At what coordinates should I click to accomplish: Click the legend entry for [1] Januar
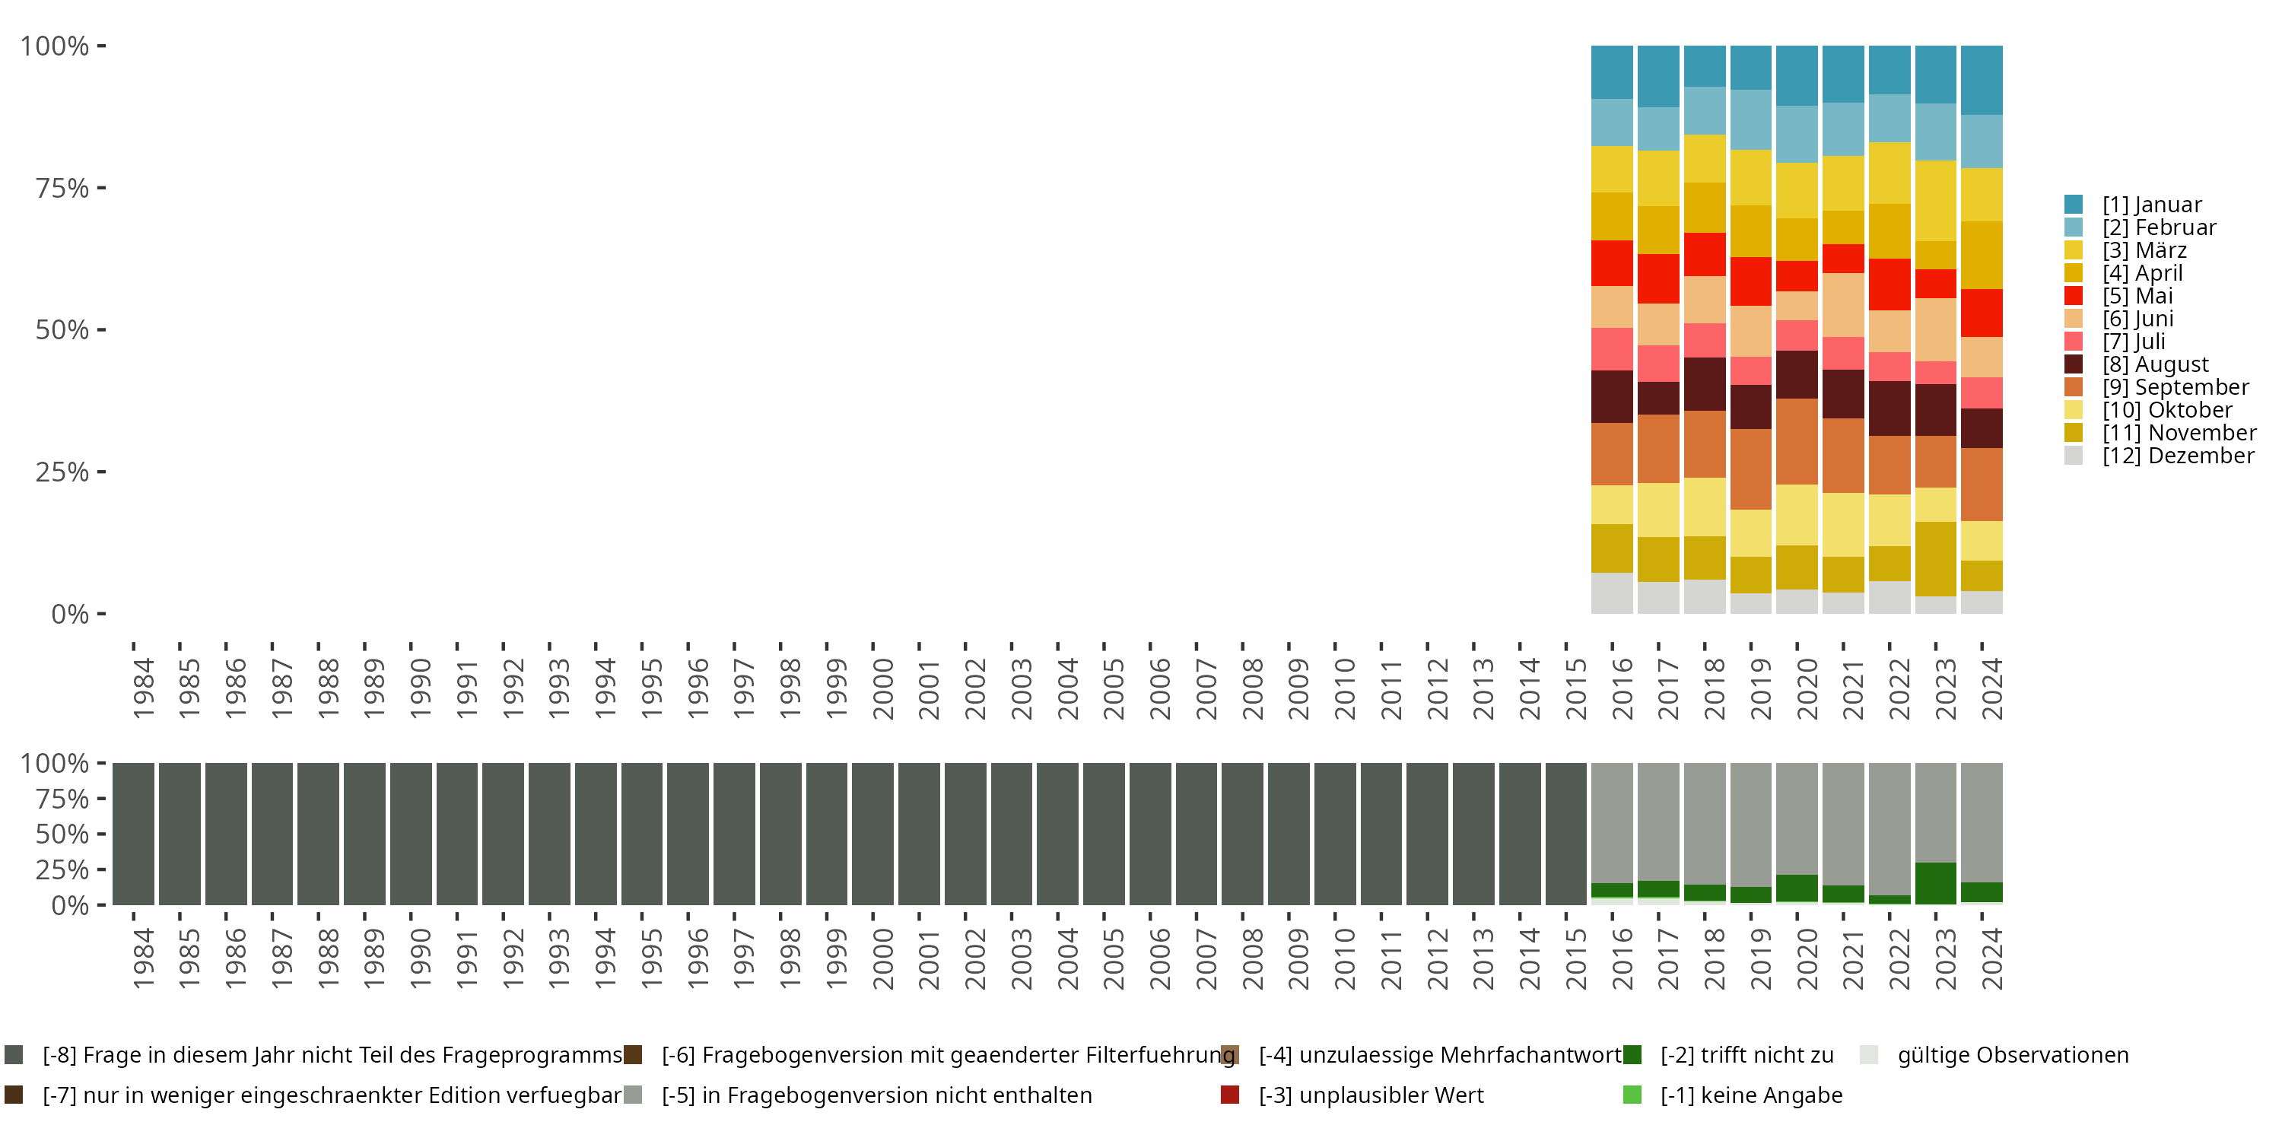pyautogui.click(x=2151, y=205)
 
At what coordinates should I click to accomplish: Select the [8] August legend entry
pyautogui.click(x=2154, y=364)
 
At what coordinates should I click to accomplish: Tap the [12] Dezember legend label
pyautogui.click(x=2178, y=456)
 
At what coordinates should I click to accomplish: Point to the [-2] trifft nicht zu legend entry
pyautogui.click(x=1745, y=1055)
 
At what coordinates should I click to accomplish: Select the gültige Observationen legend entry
pyautogui.click(x=2012, y=1055)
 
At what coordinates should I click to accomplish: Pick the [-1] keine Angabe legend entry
pyautogui.click(x=1750, y=1095)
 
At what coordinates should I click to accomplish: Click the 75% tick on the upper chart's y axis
pyautogui.click(x=62, y=188)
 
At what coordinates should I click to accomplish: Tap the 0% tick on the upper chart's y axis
pyautogui.click(x=69, y=614)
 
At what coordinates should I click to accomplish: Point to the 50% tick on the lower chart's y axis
pyautogui.click(x=62, y=834)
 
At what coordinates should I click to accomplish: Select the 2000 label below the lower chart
pyautogui.click(x=882, y=958)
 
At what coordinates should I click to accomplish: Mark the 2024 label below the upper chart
pyautogui.click(x=1991, y=688)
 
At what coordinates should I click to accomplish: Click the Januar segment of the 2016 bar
pyautogui.click(x=1611, y=72)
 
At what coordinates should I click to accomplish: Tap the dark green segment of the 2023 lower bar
pyautogui.click(x=1934, y=883)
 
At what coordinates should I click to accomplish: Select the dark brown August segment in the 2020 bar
pyautogui.click(x=1797, y=373)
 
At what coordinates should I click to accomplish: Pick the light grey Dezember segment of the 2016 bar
pyautogui.click(x=1611, y=593)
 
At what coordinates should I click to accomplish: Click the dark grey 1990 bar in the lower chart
pyautogui.click(x=411, y=834)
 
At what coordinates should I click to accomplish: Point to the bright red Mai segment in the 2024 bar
pyautogui.click(x=1982, y=313)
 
